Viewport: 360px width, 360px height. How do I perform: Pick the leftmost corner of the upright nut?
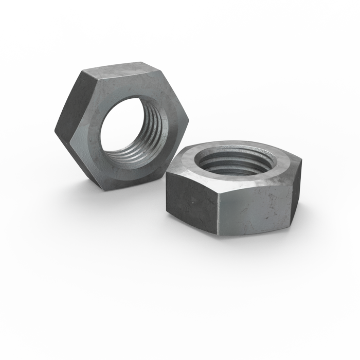point(55,127)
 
